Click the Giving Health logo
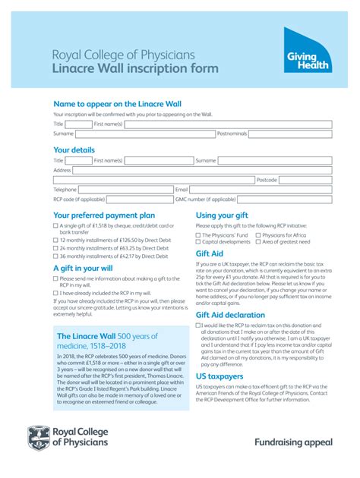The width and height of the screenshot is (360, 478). (x=308, y=52)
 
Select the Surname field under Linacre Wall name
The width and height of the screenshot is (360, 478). (x=130, y=134)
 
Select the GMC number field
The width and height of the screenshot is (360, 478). (x=286, y=200)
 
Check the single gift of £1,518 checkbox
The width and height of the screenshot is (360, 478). (x=55, y=226)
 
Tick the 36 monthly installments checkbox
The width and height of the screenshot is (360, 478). (x=55, y=256)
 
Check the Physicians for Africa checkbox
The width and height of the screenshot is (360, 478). (x=258, y=235)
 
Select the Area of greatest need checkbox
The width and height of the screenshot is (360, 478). (x=258, y=242)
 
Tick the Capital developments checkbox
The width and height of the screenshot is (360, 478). (x=198, y=242)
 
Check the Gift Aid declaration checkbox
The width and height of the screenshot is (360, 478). (x=198, y=325)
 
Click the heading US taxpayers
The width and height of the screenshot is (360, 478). (x=219, y=376)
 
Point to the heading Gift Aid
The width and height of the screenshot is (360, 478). (x=210, y=253)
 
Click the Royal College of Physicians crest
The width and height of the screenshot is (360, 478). (x=39, y=436)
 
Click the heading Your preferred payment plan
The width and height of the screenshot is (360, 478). (x=104, y=215)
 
